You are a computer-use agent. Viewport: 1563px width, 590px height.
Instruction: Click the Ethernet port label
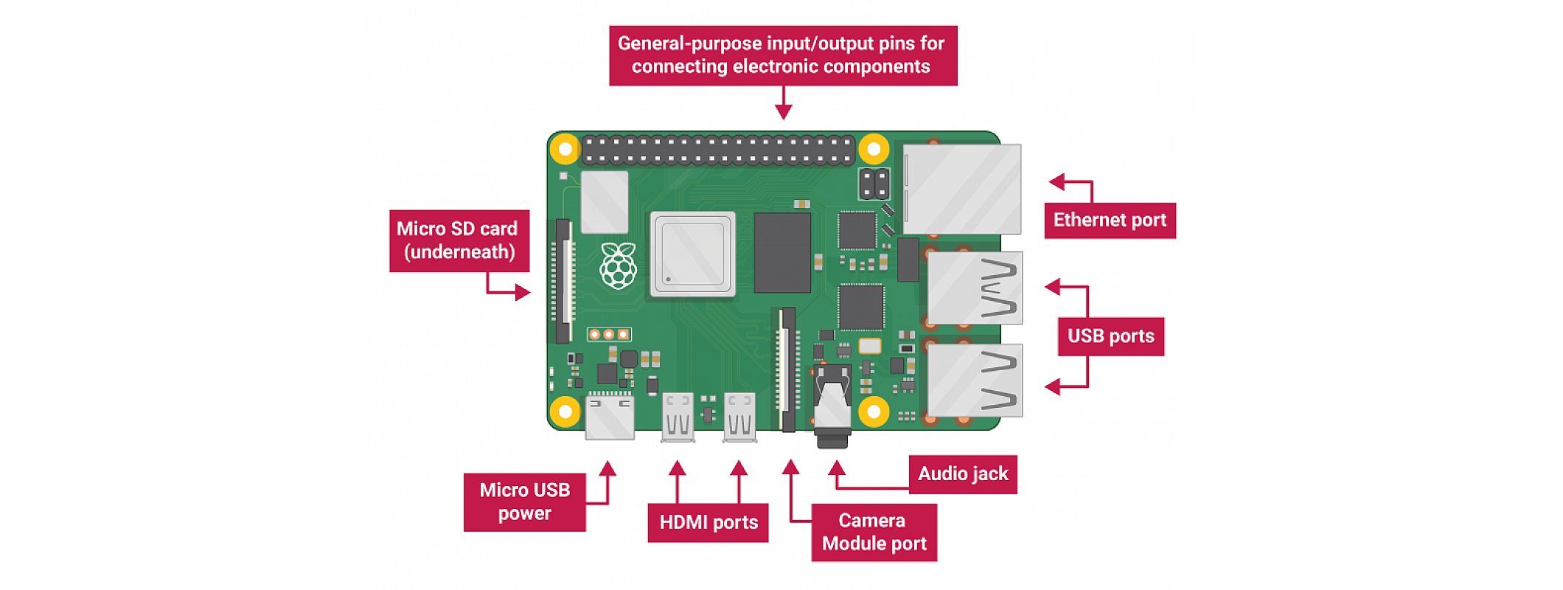point(1110,221)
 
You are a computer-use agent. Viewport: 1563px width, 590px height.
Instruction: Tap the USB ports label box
point(1110,336)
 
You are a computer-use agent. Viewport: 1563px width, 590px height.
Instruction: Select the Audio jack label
point(962,474)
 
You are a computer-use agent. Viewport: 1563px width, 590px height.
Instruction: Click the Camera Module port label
point(874,532)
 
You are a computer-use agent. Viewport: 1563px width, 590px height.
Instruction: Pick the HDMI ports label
point(708,522)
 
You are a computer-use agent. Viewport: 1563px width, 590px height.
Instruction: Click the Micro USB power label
point(524,502)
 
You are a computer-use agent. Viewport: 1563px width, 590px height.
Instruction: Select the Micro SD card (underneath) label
point(459,240)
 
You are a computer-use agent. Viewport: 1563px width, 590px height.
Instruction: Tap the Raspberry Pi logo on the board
point(618,265)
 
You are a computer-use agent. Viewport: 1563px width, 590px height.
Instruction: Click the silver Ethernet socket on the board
point(962,190)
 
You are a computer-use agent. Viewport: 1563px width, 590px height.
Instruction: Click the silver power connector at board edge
point(610,418)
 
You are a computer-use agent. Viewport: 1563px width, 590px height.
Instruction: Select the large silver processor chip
point(692,254)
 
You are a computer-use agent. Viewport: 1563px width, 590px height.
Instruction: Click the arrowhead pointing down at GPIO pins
point(784,111)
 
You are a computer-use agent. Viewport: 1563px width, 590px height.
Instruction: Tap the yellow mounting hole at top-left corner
point(565,150)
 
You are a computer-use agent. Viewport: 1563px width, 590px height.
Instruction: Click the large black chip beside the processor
point(782,253)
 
